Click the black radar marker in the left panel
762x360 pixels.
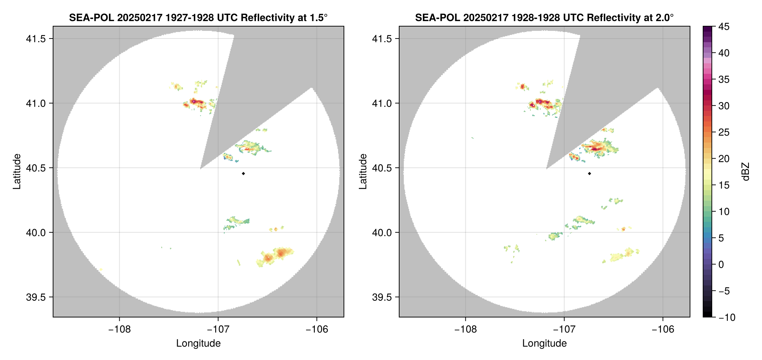tap(243, 173)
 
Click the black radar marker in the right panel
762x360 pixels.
tap(589, 173)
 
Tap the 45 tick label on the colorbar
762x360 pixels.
tap(723, 27)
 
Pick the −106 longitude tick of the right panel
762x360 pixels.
tap(663, 329)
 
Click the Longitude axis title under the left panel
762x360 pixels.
tap(198, 343)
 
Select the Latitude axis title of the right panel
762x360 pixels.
tap(363, 172)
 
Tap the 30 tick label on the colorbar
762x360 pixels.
tap(723, 106)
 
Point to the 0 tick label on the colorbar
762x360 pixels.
tap(721, 264)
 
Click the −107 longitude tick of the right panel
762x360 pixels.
tap(564, 329)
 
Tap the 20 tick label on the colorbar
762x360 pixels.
tap(723, 159)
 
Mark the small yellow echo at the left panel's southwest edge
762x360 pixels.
tap(101, 269)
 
